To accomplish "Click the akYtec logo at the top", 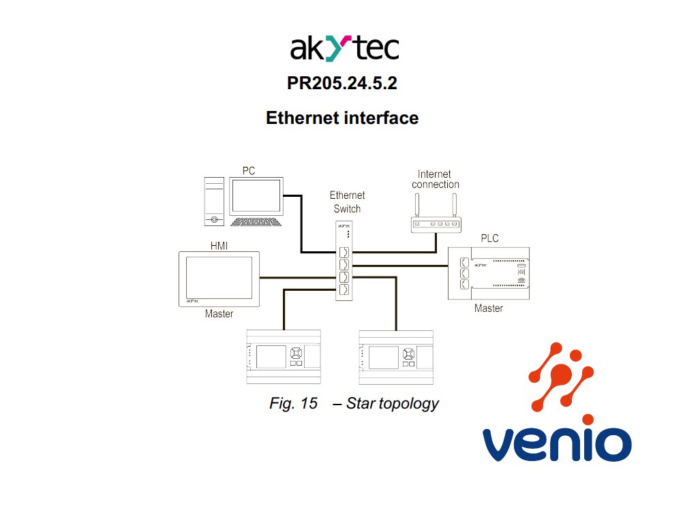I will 344,49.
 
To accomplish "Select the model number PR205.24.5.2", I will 342,84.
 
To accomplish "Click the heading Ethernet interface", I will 342,118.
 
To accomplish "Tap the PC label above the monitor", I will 249,170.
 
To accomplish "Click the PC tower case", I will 214,202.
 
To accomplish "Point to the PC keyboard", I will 256,221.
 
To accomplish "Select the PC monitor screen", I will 256,196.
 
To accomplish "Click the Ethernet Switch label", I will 347,202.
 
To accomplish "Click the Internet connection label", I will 436,179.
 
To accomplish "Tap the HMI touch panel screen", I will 219,279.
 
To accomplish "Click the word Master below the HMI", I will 219,314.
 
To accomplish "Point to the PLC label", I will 489,238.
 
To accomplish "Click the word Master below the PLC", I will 489,308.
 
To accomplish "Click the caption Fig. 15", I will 294,403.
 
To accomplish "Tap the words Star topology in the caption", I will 392,403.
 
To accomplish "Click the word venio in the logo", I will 556,444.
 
